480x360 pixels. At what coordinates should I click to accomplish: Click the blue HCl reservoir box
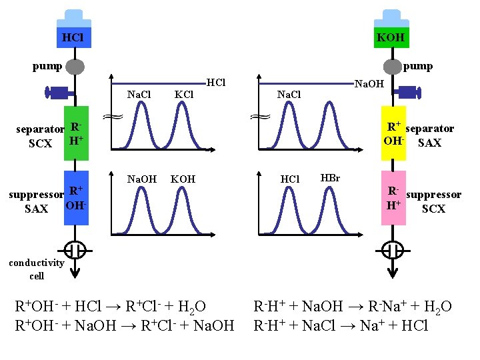coord(73,37)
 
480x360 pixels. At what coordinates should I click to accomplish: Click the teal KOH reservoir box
coord(390,37)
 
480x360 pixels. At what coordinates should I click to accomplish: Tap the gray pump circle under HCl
coord(75,66)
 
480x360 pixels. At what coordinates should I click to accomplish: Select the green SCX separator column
coord(76,133)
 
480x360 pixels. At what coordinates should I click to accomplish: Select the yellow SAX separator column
coord(393,133)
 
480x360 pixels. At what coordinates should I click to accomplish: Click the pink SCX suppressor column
coord(393,199)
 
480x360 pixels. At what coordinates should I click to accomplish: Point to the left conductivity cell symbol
coord(76,251)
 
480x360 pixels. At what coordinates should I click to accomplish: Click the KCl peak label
coord(183,95)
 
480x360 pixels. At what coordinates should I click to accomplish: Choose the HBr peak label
coord(330,178)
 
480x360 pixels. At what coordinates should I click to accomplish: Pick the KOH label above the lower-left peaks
coord(183,179)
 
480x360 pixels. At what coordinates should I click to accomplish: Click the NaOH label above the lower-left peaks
coord(141,179)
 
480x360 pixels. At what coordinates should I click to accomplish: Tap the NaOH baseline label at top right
coord(369,84)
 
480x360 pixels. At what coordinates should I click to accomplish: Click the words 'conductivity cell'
coord(37,269)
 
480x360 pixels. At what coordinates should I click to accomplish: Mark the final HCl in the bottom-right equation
coord(413,326)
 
